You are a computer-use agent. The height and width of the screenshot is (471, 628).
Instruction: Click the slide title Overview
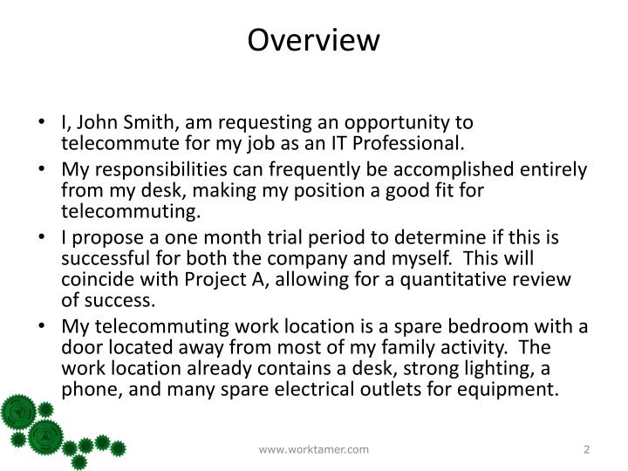tap(314, 40)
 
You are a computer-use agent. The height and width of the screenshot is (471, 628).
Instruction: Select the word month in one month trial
tap(207, 237)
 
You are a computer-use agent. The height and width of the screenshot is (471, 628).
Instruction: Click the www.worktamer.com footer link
tap(314, 448)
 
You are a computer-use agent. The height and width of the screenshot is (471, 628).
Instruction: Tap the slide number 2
tap(587, 448)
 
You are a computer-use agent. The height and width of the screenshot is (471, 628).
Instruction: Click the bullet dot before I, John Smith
tap(44, 122)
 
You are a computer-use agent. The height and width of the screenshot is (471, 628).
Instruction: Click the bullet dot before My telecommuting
tap(44, 327)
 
